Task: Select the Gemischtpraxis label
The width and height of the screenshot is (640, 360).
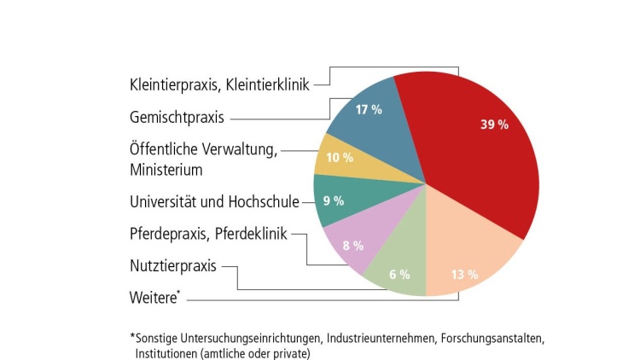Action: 177,117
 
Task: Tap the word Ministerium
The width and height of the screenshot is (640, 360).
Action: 166,170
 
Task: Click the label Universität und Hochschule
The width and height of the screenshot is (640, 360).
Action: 214,202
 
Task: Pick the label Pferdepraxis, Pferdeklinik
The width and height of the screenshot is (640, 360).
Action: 209,234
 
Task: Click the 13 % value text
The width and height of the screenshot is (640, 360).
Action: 463,275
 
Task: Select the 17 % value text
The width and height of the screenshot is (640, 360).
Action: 369,111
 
